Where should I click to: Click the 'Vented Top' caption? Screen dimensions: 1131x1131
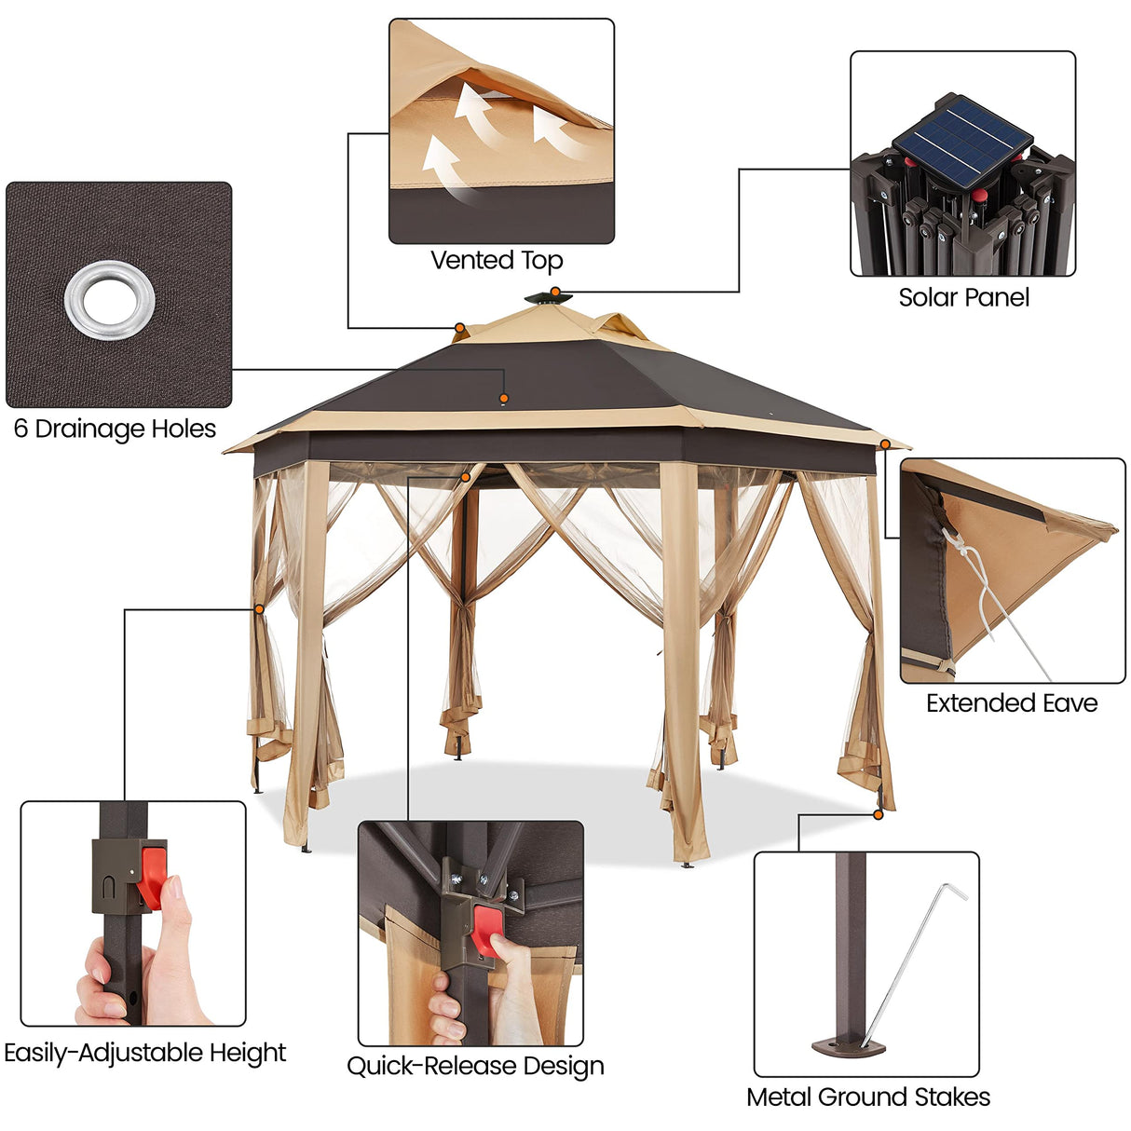coord(497,261)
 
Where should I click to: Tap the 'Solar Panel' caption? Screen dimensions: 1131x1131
coord(963,298)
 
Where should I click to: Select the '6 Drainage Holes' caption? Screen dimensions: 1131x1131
coord(115,429)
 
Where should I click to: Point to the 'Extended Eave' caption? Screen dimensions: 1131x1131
coord(1012,703)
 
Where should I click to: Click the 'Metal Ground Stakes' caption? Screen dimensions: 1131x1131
coord(867,1097)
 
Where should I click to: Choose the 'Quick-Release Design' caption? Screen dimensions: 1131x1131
coord(475,1066)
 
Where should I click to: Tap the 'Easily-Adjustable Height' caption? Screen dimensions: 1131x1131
coord(144,1053)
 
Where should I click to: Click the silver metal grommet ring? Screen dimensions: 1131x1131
coord(110,300)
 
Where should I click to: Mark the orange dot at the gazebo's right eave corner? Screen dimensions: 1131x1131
coord(885,444)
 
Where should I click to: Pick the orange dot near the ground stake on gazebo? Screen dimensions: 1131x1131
coord(878,814)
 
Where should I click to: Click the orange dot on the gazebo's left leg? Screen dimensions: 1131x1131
coord(258,609)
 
